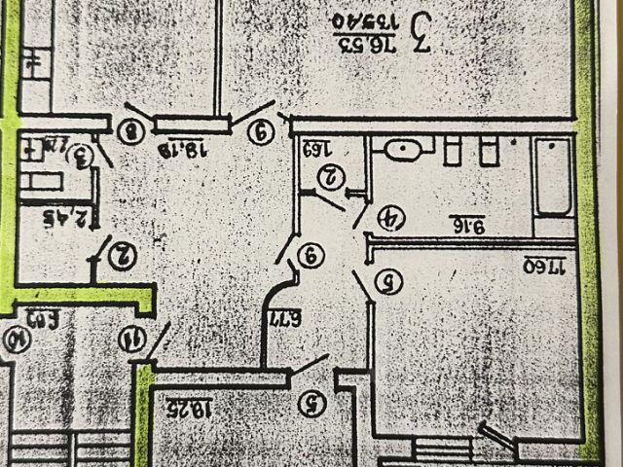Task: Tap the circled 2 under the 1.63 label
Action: [x=332, y=176]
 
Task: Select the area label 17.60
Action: [x=545, y=264]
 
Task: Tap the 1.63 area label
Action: [x=322, y=150]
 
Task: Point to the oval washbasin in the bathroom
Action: [x=403, y=150]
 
